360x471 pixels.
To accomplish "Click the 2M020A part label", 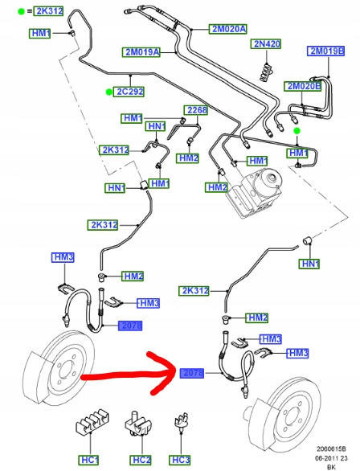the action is tap(228, 29).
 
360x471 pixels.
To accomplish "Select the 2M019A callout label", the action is tap(141, 52).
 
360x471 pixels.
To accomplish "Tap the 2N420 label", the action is tap(266, 44).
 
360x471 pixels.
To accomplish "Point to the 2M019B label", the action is tap(325, 51).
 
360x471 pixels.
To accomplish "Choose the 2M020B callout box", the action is tap(303, 87).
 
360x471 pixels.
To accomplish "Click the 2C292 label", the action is tap(129, 92).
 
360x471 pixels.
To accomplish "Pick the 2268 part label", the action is tap(196, 110).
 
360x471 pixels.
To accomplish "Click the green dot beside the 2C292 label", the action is tap(108, 92).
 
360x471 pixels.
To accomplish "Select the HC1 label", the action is tap(88, 461).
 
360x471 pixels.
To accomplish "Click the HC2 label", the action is tap(140, 461).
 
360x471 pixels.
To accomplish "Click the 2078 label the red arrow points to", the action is tap(192, 374).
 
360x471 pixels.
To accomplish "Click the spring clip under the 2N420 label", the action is tap(267, 72).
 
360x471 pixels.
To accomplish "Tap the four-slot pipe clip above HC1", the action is tap(92, 420).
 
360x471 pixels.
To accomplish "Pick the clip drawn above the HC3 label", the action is tap(182, 424).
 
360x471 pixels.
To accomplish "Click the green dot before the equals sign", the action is tap(21, 12).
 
